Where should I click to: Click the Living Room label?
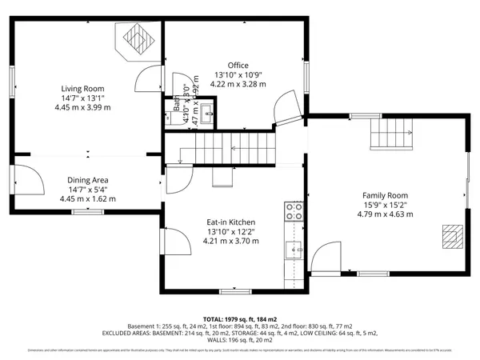83,89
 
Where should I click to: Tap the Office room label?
237,66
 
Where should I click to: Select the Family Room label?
385,195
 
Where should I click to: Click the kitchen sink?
294,250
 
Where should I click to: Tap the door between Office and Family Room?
286,108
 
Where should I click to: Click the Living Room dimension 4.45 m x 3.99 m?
83,107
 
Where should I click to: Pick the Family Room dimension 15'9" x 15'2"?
385,205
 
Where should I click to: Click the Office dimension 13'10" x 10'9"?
237,74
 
